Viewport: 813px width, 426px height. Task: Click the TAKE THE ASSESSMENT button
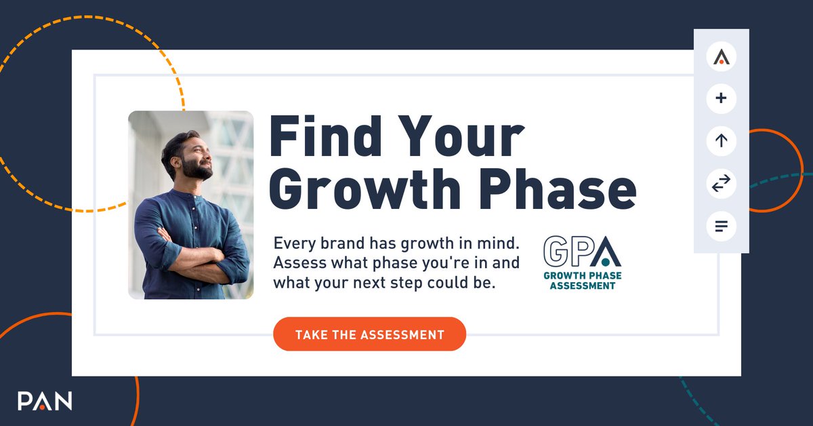point(369,334)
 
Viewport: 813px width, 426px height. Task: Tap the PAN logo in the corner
point(45,400)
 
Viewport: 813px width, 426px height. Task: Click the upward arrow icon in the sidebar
point(721,141)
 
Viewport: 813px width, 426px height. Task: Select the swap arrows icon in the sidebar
point(721,183)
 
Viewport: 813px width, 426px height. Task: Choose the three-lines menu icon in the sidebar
point(721,225)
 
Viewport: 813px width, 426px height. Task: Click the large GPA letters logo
point(581,250)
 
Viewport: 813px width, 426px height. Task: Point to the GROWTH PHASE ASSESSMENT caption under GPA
point(582,281)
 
